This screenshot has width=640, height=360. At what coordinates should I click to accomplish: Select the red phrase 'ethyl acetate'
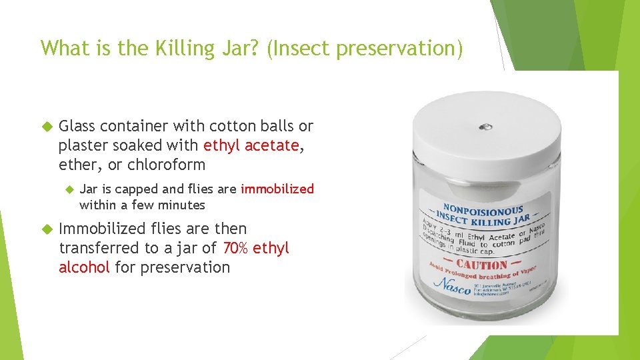(x=251, y=145)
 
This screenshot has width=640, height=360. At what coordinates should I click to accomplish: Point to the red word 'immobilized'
(x=277, y=189)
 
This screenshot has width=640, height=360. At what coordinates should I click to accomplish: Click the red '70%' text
(x=235, y=248)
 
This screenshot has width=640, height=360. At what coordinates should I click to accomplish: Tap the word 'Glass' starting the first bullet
(x=79, y=126)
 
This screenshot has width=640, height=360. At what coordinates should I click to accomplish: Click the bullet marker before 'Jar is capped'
(x=67, y=189)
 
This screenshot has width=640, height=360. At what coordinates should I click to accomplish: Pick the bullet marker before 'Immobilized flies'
(x=47, y=229)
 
